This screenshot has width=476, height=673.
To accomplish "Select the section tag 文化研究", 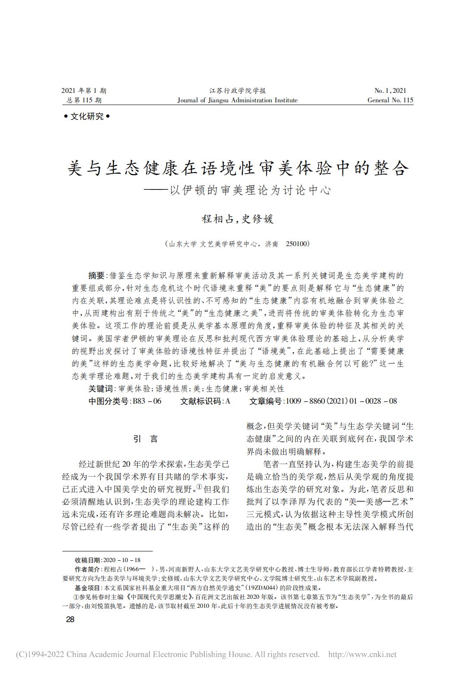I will (87, 117).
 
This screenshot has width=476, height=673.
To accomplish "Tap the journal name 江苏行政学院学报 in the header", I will (238, 91).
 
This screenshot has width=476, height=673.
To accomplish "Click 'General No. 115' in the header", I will (390, 100).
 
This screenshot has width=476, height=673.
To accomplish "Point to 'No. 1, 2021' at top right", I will (390, 91).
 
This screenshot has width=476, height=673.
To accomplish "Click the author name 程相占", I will (218, 219).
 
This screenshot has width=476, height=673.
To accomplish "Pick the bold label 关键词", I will (100, 389).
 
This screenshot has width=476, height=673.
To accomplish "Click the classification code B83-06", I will (147, 401).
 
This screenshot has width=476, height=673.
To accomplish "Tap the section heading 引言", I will (146, 439).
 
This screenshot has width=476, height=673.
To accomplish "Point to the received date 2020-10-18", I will (122, 560).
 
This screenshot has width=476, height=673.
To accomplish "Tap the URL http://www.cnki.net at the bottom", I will (362, 654).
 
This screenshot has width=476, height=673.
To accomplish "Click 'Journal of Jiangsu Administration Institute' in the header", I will (238, 100).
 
